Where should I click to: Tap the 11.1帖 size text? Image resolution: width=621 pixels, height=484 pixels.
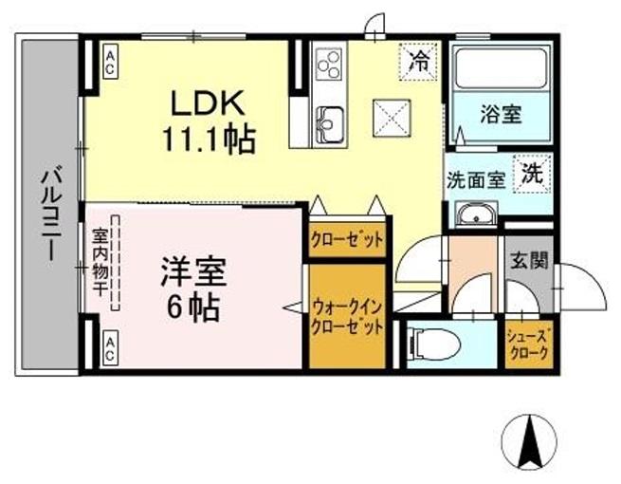[x=207, y=140]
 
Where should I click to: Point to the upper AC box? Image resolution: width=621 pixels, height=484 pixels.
[x=111, y=63]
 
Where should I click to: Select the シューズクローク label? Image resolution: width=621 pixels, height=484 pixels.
[x=528, y=342]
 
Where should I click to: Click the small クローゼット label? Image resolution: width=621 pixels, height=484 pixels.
[x=347, y=239]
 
